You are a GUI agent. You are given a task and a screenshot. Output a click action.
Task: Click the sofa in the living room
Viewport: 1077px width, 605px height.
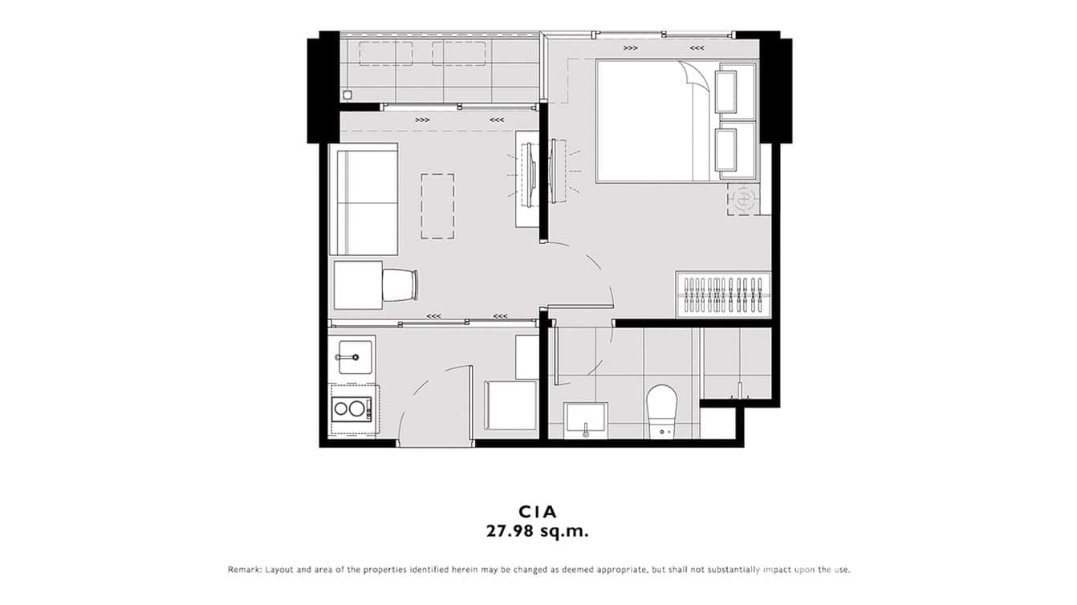pyautogui.click(x=366, y=199)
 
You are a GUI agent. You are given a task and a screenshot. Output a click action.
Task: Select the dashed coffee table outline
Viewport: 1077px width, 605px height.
pyautogui.click(x=437, y=206)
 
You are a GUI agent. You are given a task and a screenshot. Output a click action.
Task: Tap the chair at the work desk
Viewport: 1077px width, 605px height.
pyautogui.click(x=400, y=285)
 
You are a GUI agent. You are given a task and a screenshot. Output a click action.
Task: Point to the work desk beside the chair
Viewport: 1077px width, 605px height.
pyautogui.click(x=357, y=285)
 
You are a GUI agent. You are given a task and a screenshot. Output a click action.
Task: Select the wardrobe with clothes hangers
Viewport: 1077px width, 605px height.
pyautogui.click(x=723, y=295)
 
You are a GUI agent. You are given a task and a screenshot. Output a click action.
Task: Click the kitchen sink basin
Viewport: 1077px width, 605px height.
pyautogui.click(x=355, y=356)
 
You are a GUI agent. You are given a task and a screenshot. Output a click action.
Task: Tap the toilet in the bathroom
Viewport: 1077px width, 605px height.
pyautogui.click(x=663, y=408)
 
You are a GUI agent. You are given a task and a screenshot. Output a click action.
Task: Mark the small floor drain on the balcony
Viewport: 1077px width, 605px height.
pyautogui.click(x=347, y=95)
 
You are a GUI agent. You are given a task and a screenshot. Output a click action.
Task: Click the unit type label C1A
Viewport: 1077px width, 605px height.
pyautogui.click(x=538, y=511)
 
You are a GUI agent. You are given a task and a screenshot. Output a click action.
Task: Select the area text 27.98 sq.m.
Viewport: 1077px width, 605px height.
pyautogui.click(x=538, y=530)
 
